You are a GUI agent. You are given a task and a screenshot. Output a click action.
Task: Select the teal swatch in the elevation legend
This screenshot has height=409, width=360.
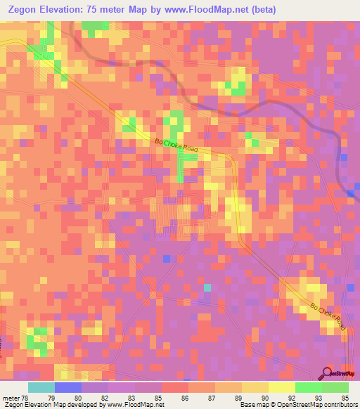[41, 387]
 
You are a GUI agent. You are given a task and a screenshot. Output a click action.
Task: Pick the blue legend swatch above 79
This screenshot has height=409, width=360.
[68, 387]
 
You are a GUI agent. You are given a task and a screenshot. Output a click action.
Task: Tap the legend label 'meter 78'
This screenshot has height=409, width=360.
[15, 398]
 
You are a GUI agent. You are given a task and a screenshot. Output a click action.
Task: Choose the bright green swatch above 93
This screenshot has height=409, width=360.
[309, 387]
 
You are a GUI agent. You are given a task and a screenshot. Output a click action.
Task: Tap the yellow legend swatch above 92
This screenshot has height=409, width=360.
[282, 387]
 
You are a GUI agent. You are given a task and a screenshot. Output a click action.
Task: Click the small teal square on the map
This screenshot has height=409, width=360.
[207, 287]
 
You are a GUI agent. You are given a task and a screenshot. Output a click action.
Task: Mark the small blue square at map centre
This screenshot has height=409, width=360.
[166, 259]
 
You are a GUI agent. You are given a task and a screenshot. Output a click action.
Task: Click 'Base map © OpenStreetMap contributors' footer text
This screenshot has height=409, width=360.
[297, 405]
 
